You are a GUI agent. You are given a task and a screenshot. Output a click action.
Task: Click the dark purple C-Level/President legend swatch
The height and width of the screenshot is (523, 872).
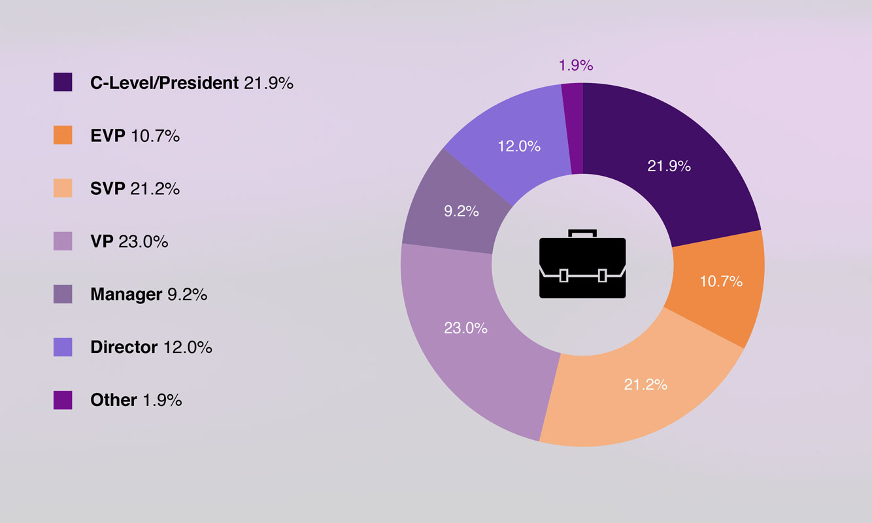coord(63,82)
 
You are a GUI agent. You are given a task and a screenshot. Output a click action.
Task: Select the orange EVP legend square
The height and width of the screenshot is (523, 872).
coord(63,135)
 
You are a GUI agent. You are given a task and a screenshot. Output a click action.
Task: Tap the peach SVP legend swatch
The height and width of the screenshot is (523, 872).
coord(63,188)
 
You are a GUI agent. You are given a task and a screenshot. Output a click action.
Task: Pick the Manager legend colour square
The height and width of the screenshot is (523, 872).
coord(63,294)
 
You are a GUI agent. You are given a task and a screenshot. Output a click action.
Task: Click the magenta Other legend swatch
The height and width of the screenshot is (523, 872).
coord(63,399)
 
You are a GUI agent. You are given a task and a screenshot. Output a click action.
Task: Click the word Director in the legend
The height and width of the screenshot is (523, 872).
coord(124,347)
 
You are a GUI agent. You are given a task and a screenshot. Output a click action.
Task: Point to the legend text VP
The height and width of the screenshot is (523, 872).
coord(102,241)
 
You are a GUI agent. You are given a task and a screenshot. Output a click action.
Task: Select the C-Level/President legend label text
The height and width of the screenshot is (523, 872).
coord(164,83)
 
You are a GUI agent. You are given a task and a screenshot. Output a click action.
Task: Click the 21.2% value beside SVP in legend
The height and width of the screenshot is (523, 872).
coord(155,188)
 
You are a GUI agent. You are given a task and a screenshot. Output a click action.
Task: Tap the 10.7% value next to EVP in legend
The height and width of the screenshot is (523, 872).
coord(155,136)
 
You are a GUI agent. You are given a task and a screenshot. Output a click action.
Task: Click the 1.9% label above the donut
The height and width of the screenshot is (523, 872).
coord(576,65)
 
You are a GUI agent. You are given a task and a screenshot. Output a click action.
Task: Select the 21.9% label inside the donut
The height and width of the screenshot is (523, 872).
coord(669,166)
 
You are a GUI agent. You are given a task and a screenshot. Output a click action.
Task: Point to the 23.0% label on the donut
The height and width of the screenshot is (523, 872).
coord(465,328)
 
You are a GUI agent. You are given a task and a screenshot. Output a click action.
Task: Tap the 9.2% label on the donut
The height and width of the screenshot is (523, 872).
coord(461,211)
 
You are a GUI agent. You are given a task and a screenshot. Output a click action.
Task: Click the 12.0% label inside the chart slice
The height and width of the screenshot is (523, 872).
coord(519,146)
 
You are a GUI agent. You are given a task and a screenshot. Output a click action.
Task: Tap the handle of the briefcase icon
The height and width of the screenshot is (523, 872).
coord(582,233)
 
